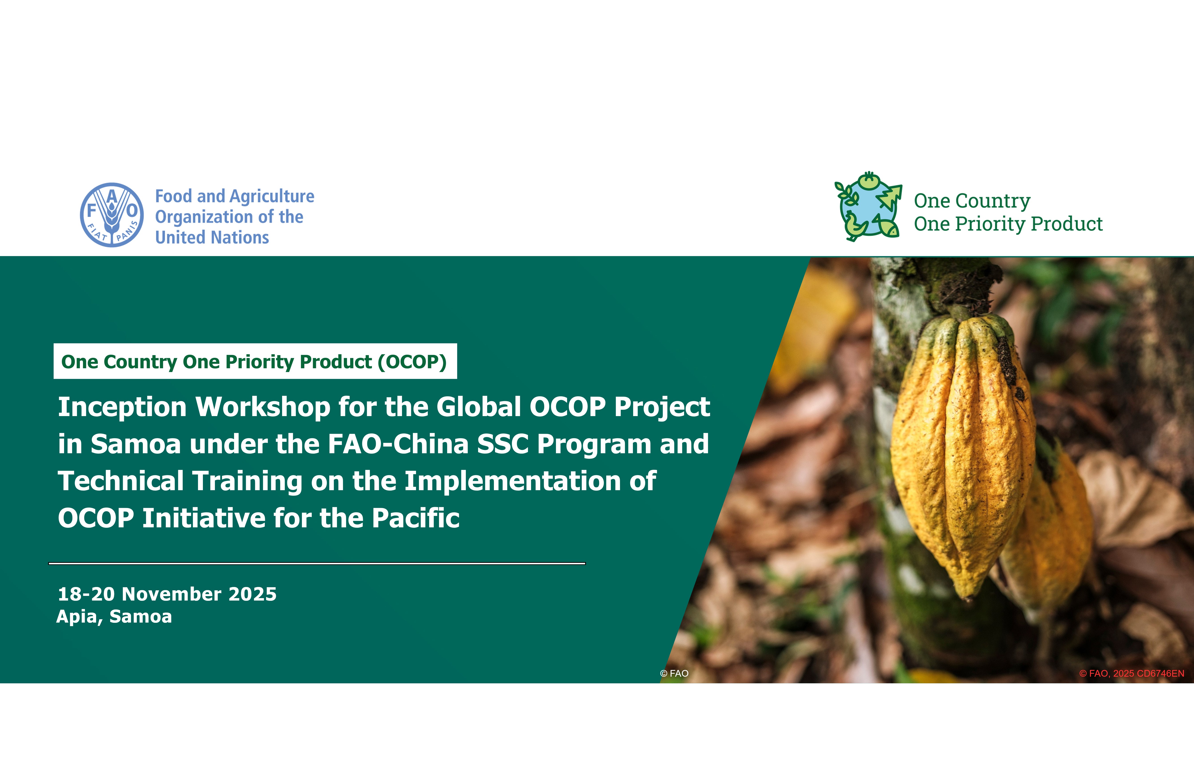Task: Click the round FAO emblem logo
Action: click(x=112, y=215)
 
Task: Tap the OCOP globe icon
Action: click(x=869, y=206)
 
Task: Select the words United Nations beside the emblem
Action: click(x=212, y=237)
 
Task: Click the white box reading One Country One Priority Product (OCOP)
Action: click(x=255, y=361)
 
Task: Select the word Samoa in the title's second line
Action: click(x=136, y=444)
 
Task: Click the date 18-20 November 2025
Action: click(x=167, y=594)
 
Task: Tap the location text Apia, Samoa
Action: click(x=114, y=617)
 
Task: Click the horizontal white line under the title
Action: click(x=317, y=563)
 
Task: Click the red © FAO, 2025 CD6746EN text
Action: click(x=1132, y=673)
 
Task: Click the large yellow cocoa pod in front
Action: click(x=961, y=454)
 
